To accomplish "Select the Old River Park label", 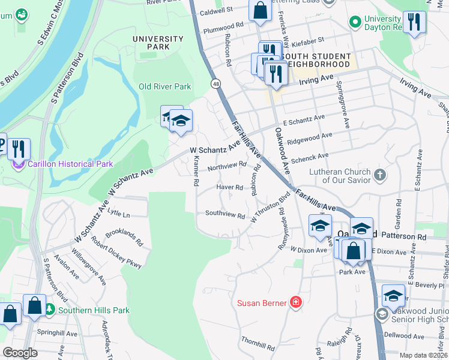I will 164,86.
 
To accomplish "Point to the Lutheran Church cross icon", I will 379,175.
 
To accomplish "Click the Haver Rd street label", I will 230,187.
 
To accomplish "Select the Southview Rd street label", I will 225,214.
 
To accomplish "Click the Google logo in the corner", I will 20,353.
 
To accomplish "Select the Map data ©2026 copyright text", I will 423,355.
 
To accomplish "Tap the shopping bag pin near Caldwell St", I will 260,10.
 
